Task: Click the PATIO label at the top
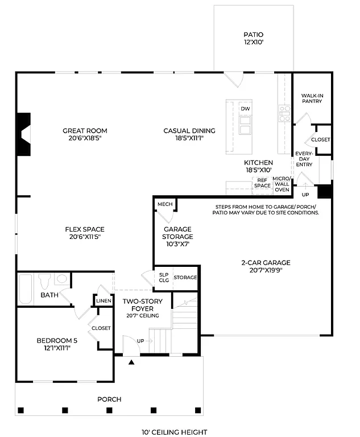click(x=253, y=38)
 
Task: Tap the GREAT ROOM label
click(x=85, y=134)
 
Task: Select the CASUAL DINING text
click(x=183, y=134)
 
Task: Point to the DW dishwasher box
click(x=245, y=109)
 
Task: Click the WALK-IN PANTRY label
click(x=312, y=98)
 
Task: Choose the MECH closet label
click(x=165, y=204)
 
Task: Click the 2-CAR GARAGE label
click(x=265, y=266)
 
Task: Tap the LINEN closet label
click(x=103, y=300)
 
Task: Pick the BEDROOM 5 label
click(x=53, y=344)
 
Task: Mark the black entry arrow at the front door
click(x=131, y=361)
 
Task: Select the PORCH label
click(x=109, y=399)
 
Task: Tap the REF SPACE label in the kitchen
click(x=262, y=183)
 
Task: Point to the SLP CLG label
click(x=164, y=277)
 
